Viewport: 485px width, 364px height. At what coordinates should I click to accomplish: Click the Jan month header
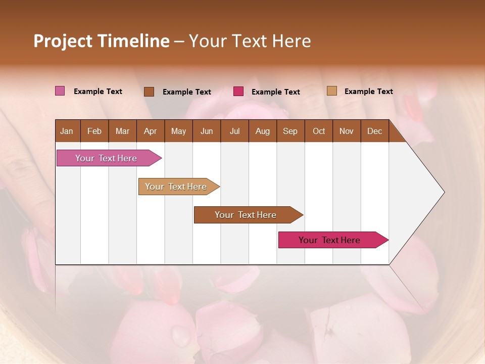tap(67, 131)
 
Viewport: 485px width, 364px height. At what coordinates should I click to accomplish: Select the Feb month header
tap(94, 131)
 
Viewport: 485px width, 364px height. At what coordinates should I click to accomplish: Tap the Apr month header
tap(150, 131)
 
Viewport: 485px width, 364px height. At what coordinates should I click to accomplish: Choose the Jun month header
tap(207, 131)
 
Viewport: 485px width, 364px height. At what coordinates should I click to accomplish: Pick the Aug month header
tap(262, 131)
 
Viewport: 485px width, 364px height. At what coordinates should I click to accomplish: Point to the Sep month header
tap(290, 131)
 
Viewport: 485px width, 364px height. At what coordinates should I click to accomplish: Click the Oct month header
tap(319, 131)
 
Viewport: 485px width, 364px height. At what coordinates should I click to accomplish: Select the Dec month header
tap(374, 131)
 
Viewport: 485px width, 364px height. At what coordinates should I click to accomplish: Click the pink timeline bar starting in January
tap(106, 158)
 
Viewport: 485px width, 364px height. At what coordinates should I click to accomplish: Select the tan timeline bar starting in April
tap(176, 187)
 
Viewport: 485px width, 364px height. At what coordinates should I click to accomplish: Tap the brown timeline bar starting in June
tap(246, 215)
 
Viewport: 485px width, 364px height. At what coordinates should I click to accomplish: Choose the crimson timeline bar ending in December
tap(329, 240)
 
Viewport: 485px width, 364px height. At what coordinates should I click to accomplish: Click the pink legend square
tap(60, 91)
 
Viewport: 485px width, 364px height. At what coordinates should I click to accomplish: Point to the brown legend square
tap(149, 92)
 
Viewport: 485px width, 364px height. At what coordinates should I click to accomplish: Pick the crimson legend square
tap(238, 92)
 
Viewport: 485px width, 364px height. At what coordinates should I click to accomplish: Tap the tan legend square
tap(332, 91)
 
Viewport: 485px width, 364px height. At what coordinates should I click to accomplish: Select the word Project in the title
tap(63, 41)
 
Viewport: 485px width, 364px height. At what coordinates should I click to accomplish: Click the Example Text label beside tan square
tap(368, 91)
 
